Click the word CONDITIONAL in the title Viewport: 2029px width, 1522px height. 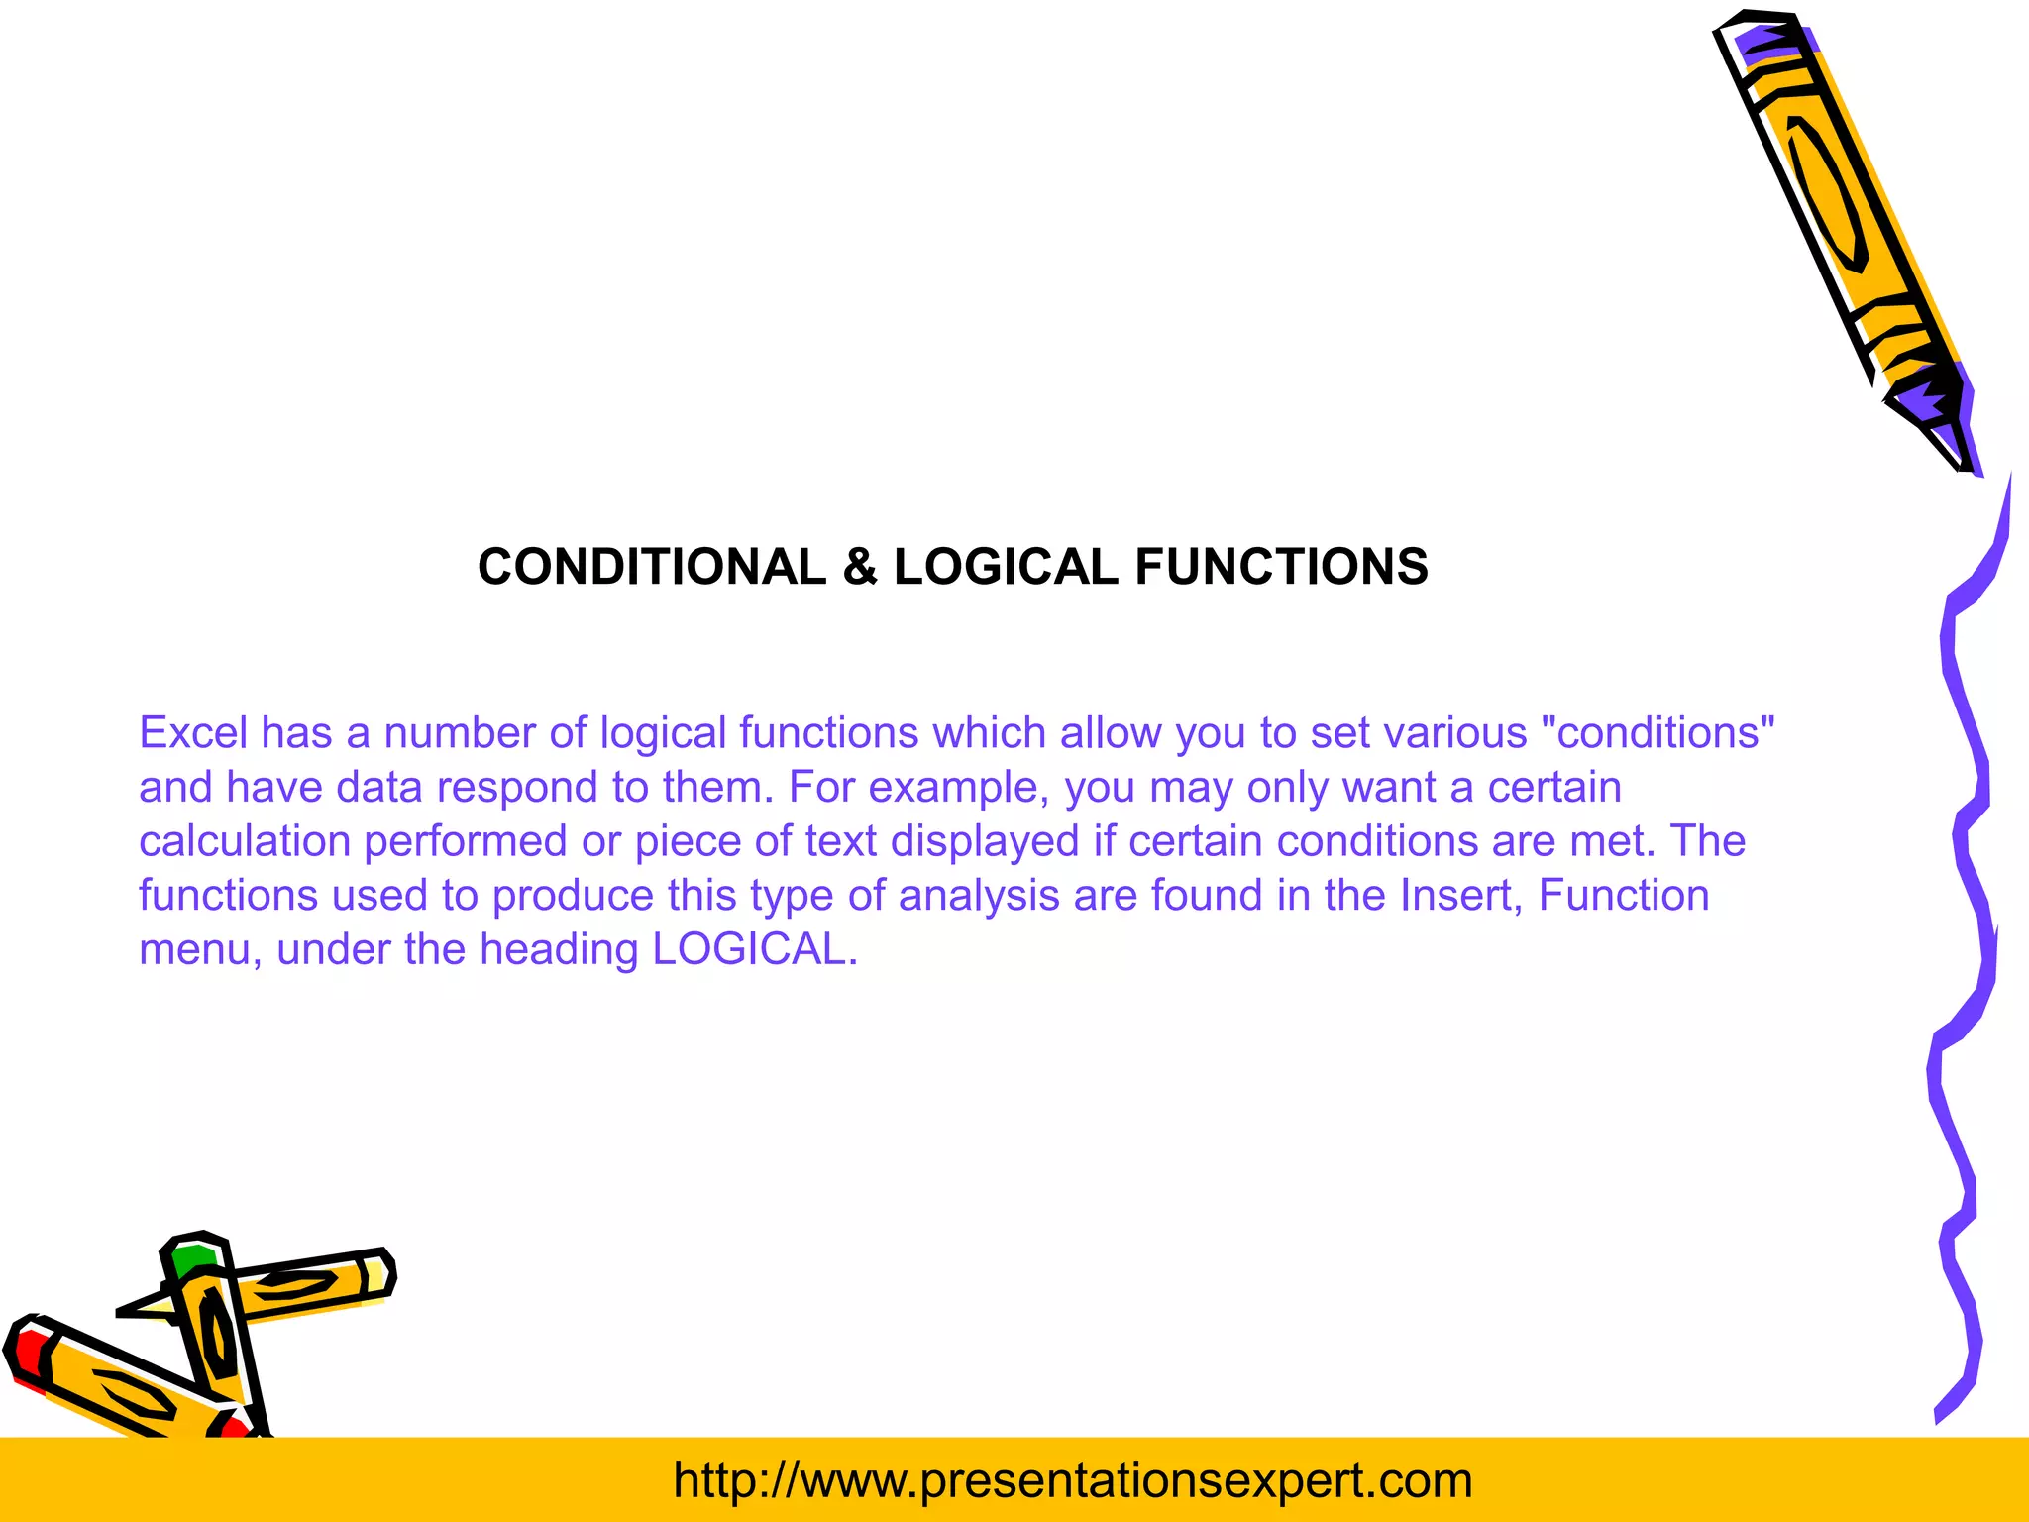point(651,568)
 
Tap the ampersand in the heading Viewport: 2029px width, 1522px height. point(860,568)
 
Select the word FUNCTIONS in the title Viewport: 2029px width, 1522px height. point(1281,568)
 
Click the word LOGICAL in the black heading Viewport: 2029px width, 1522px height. point(1006,568)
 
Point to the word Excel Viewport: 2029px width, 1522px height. point(193,733)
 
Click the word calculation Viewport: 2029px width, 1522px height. point(245,841)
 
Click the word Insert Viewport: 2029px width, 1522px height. point(1461,896)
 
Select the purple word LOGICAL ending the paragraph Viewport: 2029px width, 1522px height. point(753,950)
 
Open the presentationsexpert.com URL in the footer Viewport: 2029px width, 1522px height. point(1072,1480)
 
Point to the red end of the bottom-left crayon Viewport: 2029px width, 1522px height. point(28,1354)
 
